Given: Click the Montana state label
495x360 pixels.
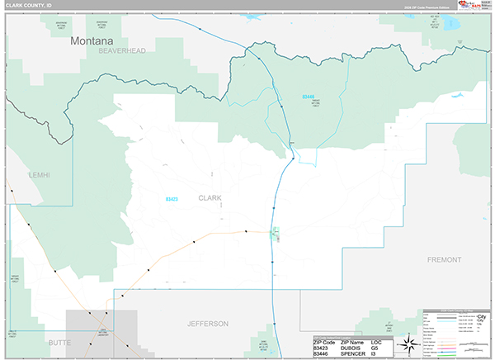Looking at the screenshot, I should pos(92,40).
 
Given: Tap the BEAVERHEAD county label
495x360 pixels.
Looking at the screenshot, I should pos(121,51).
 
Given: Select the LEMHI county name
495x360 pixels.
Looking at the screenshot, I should pos(37,175).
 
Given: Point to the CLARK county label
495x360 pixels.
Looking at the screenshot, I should pos(210,198).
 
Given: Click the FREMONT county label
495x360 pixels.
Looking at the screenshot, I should pos(445,259).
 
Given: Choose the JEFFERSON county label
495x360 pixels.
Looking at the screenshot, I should pos(208,323).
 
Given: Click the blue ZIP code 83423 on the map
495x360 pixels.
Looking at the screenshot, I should pos(172,198).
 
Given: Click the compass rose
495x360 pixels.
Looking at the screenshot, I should pos(407,344).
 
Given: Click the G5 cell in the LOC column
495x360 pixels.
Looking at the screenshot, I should pos(375,348).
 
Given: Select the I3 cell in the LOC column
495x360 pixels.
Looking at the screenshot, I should pos(374,354).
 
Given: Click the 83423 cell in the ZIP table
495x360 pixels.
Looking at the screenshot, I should pos(322,348).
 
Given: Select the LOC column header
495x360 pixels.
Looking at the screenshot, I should pos(377,341).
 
